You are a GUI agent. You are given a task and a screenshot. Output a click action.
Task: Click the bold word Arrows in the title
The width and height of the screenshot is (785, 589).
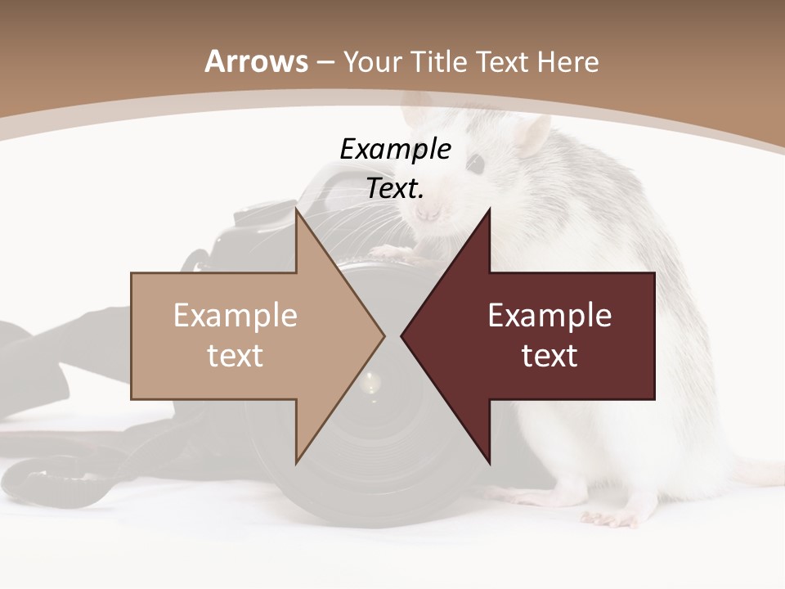(x=256, y=61)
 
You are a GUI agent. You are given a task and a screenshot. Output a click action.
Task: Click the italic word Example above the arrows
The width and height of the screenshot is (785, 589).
(x=395, y=149)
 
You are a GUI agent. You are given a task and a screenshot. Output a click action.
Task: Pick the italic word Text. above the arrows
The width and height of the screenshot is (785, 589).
(x=395, y=188)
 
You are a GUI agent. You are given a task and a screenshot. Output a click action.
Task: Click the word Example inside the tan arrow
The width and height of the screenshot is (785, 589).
(x=235, y=315)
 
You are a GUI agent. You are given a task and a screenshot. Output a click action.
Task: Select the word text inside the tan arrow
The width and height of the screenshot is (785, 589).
(x=235, y=355)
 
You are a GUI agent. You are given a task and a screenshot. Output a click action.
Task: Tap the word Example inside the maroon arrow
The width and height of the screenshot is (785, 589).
(x=549, y=315)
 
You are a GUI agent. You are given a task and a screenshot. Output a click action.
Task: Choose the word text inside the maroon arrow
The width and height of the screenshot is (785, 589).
(x=549, y=355)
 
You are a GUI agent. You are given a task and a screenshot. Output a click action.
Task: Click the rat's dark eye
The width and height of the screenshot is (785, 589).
(x=475, y=164)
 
